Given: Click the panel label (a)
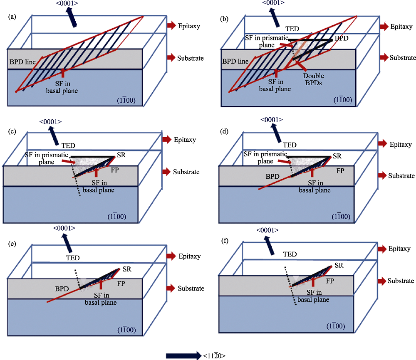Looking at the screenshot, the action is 12,17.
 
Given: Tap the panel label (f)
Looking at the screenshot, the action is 225,241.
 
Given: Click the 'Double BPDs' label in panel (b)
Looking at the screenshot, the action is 314,79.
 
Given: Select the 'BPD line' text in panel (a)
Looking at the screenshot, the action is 22,62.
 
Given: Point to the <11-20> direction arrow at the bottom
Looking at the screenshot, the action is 183,355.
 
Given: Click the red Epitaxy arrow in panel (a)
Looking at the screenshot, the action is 171,25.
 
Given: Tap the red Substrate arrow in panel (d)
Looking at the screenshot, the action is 382,175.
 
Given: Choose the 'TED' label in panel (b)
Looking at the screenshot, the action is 292,29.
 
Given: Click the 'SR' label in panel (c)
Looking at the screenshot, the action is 121,155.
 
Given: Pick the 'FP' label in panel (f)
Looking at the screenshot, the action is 330,281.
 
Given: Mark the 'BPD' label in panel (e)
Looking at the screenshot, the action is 62,288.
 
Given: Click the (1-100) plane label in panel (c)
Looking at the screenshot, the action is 117,217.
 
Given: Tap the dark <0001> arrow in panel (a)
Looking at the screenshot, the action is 72,17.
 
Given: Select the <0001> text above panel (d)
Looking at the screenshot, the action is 272,120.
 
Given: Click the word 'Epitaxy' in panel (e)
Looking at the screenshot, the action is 189,256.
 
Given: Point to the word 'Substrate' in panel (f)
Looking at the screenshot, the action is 401,281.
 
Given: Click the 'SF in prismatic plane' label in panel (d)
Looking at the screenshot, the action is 265,158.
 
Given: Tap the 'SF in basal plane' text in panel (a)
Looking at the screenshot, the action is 62,87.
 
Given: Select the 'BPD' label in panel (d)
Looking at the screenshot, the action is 272,176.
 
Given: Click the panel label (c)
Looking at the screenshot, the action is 12,131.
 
